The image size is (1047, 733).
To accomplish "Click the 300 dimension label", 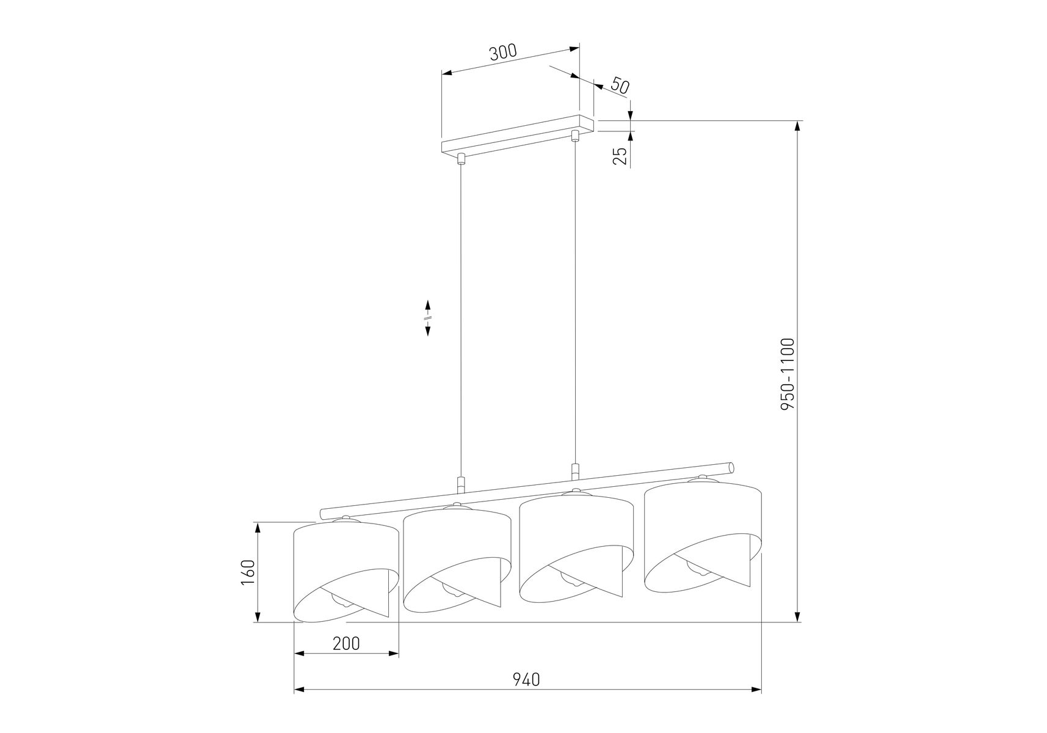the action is pos(503,52).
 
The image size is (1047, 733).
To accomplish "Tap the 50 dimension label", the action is pos(619,86).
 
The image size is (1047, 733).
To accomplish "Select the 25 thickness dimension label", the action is pos(620,156).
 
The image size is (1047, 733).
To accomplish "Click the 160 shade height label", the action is pos(247,572).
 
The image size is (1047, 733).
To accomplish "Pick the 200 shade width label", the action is pos(346,643).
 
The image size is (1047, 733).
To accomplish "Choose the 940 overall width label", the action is pos(526,679).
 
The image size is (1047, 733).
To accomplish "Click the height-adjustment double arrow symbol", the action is pos(428,318).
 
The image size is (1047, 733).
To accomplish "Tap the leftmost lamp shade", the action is pos(346,571).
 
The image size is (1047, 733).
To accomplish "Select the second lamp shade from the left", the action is pos(457,558).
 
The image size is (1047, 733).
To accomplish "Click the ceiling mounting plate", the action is pos(517,135).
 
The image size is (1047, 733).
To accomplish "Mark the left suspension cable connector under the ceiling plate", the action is pos(461,159).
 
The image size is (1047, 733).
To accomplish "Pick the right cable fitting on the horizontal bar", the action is pos(574,472).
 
